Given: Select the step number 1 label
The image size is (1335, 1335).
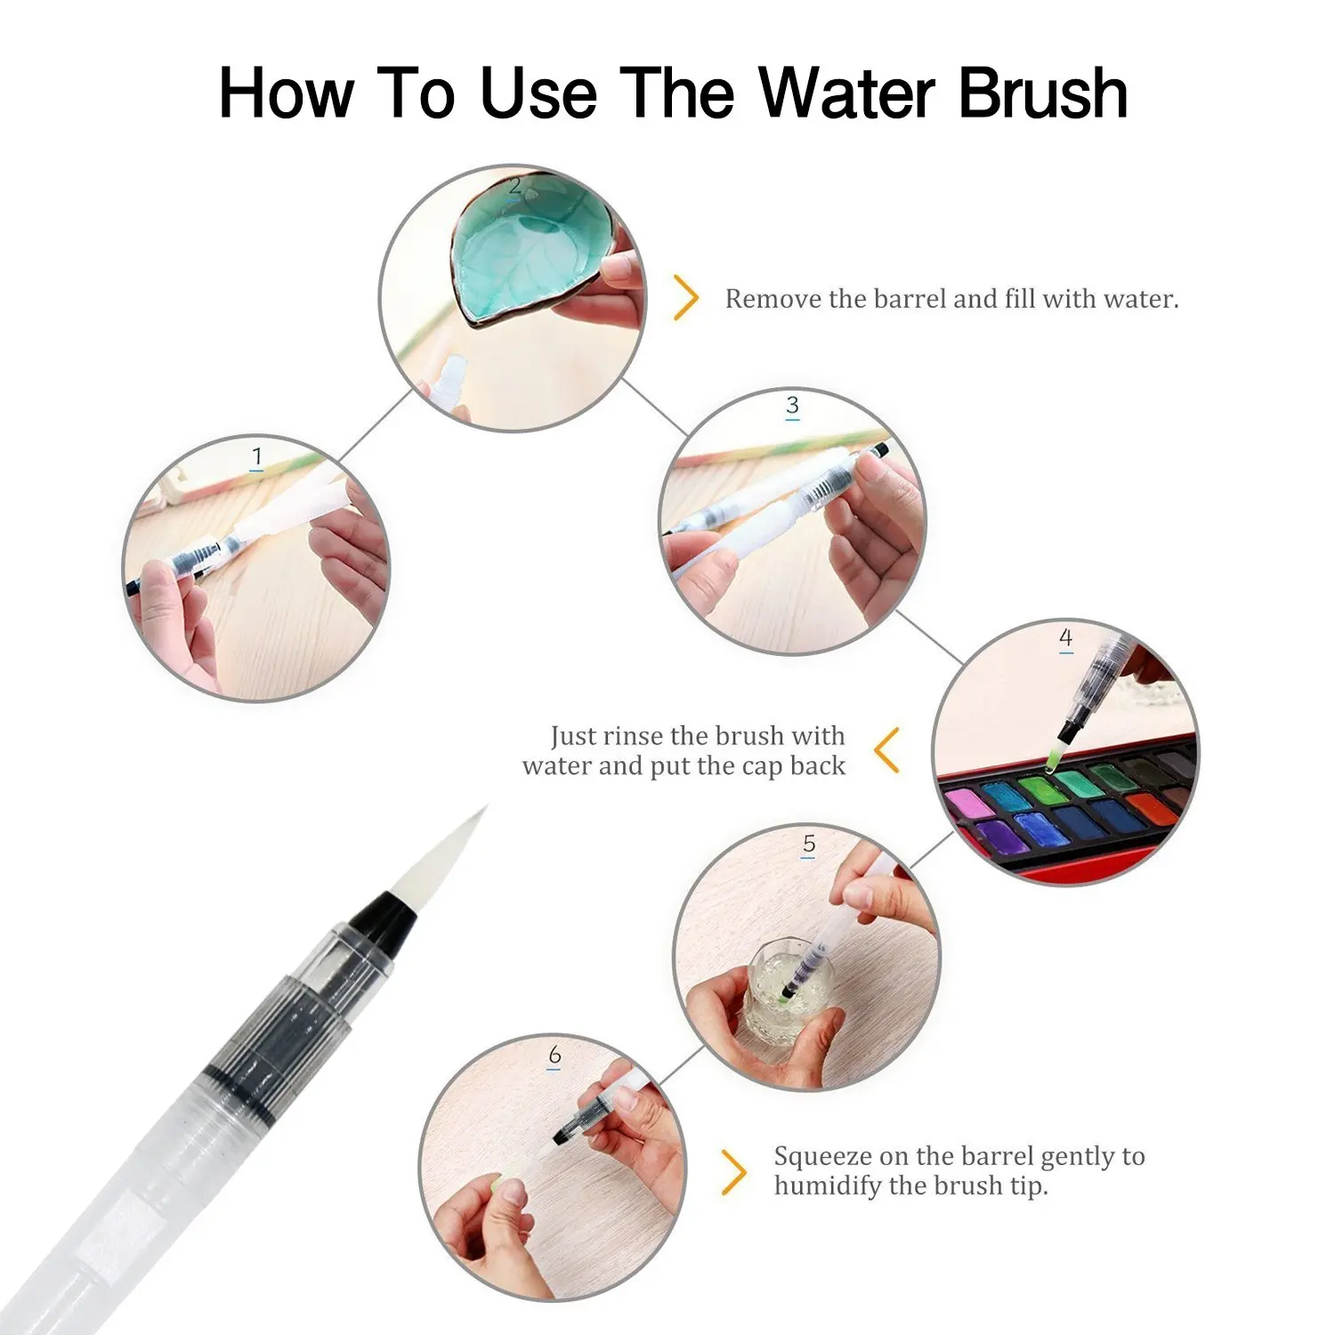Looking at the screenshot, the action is tap(257, 457).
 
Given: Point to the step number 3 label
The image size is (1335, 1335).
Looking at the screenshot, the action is tap(792, 407).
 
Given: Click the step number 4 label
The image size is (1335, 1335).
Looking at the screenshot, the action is tap(1065, 638).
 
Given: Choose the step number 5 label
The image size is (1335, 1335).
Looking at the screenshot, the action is tap(809, 844).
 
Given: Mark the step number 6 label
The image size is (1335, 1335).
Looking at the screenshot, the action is tap(554, 1056).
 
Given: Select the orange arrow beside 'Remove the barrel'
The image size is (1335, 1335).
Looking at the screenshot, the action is tap(685, 297).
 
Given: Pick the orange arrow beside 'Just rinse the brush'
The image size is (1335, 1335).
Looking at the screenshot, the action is tap(887, 749).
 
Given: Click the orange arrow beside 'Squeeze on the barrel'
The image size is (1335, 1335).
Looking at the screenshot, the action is tap(732, 1172).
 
